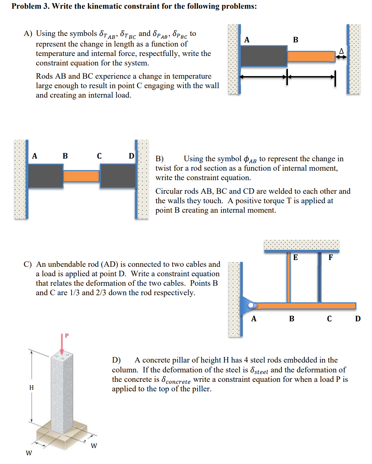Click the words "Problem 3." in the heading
(x=30, y=6)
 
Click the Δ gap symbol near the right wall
(x=341, y=50)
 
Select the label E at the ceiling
(x=295, y=258)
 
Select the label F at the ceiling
(x=330, y=258)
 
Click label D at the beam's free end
(x=358, y=319)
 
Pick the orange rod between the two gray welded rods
(x=81, y=176)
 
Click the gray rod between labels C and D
(x=117, y=176)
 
